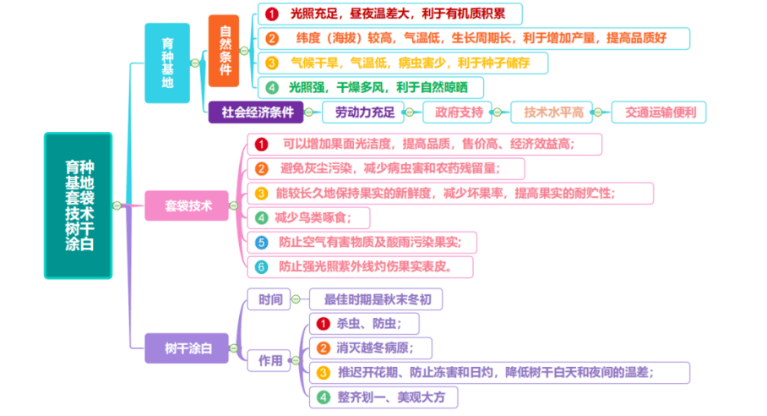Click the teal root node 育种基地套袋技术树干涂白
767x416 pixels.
coord(79,205)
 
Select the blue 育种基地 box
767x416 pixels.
coord(167,63)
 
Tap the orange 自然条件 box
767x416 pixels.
coord(224,51)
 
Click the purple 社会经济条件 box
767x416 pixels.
coord(256,112)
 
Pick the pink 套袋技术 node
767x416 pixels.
coord(187,205)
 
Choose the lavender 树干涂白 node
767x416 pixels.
coord(187,348)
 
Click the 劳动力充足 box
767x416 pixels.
coord(363,112)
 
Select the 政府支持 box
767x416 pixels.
coord(457,112)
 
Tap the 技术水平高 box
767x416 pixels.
coord(552,112)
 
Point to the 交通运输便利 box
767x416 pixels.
coord(659,112)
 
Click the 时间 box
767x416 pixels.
coord(269,299)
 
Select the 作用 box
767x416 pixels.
coord(269,361)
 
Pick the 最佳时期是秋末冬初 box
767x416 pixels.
coord(376,299)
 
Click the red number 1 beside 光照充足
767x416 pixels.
coord(272,14)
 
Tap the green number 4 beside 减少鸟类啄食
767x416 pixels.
coord(262,218)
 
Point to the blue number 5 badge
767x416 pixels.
coord(262,243)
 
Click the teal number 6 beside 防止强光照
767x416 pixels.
coord(262,266)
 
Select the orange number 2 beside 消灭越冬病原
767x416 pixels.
coord(324,348)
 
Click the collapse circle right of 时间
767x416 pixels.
coord(296,299)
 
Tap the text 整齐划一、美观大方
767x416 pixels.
coord(391,397)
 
